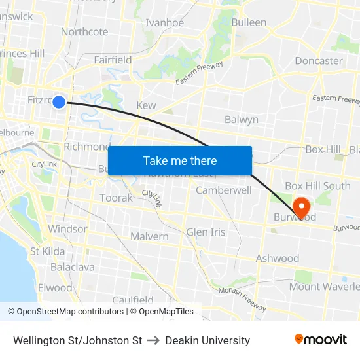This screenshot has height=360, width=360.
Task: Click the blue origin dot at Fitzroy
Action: coord(59,101)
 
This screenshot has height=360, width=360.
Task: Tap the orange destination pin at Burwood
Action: coord(302,207)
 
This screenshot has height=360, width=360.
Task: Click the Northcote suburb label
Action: coord(84,31)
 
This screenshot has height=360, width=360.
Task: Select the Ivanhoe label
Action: coord(164,22)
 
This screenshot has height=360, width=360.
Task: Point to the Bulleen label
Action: coord(249,22)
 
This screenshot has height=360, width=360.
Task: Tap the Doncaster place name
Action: coord(319,61)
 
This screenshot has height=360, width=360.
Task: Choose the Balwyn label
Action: coord(242,120)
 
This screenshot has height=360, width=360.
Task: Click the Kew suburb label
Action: coord(146,105)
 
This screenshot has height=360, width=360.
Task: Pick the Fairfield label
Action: coord(113,60)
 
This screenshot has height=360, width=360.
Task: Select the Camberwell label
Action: coord(224,190)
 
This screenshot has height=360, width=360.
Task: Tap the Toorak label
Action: coord(116,198)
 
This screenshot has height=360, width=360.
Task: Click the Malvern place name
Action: coord(149,236)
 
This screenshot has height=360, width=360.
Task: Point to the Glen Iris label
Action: coord(206,232)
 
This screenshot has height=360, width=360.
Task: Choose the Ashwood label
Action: coord(278,259)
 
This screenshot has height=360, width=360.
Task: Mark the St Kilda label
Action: coord(47,251)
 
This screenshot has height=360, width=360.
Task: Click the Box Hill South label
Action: coord(317,186)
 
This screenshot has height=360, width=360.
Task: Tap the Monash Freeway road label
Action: coord(243,298)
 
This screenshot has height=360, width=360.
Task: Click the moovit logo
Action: coord(321,340)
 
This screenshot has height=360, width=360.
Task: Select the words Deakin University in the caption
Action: coord(207,340)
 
